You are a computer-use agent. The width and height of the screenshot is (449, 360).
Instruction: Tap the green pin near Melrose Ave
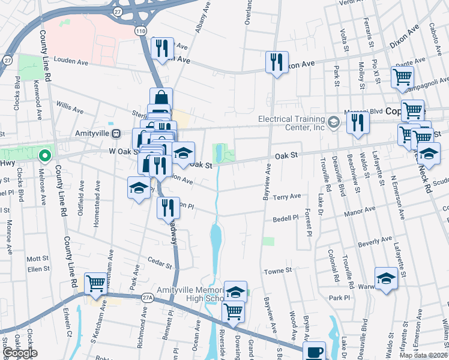(44, 157)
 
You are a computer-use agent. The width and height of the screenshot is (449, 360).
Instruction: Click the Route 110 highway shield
(140, 30)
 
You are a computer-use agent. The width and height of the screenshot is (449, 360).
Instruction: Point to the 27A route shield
(148, 296)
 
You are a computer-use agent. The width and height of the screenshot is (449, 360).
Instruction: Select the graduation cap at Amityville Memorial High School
(236, 291)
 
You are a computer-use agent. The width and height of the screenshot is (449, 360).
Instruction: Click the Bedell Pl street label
(287, 218)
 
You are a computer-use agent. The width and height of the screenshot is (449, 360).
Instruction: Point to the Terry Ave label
(287, 197)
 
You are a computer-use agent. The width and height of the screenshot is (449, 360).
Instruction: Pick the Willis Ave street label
(70, 108)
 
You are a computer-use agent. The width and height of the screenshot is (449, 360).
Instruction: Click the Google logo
(20, 353)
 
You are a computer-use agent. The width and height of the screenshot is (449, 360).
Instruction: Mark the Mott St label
(37, 257)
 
